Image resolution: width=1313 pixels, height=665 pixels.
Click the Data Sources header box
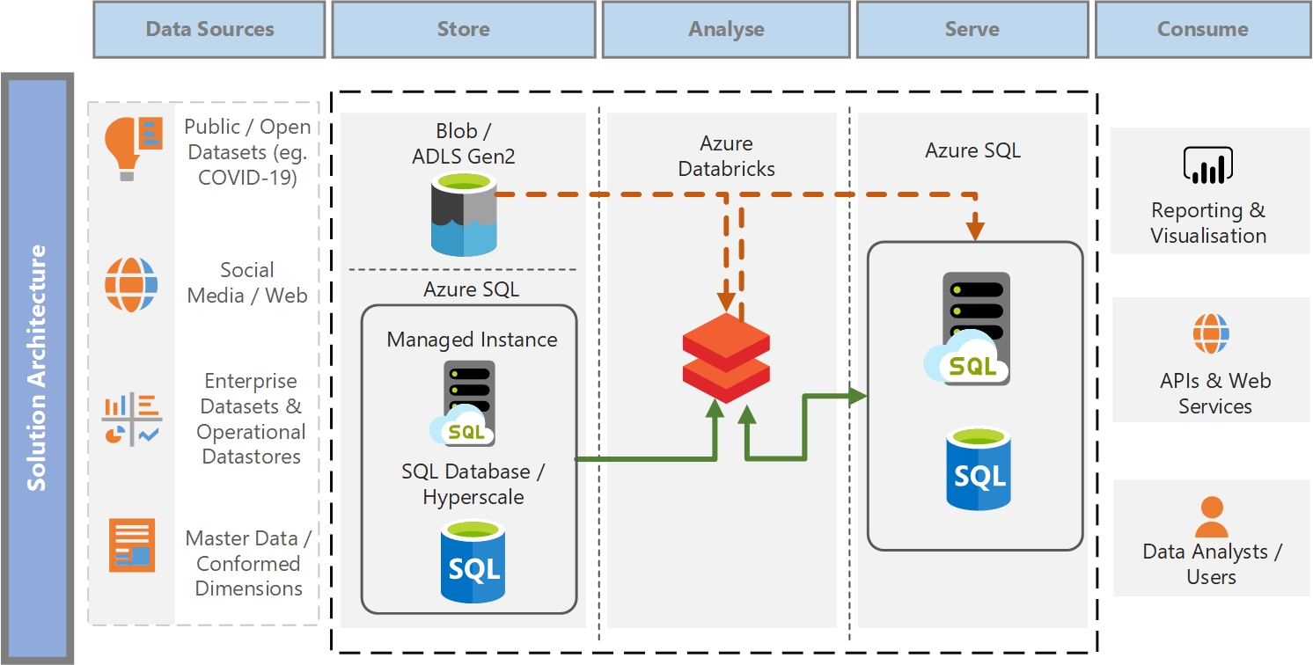click(209, 29)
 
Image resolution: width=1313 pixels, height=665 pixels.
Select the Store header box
click(464, 29)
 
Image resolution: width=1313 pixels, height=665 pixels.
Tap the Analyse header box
click(726, 29)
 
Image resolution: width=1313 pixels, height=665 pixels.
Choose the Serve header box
click(972, 29)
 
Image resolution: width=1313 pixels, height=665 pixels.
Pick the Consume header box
click(1202, 29)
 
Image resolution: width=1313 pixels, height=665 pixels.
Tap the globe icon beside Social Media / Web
click(131, 284)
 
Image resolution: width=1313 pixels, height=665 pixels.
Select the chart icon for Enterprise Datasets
click(132, 419)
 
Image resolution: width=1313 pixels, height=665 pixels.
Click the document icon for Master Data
click(132, 545)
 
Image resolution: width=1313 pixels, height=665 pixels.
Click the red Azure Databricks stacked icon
click(726, 353)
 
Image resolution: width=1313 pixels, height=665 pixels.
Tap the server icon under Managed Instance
click(464, 403)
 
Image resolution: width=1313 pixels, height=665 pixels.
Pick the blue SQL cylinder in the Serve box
click(979, 468)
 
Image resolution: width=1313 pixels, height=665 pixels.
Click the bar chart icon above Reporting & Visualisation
click(1208, 165)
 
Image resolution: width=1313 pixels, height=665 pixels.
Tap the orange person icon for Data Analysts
click(1211, 517)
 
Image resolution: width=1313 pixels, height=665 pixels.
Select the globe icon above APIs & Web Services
click(1211, 333)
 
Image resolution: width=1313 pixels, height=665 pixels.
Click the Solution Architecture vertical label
click(37, 368)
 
